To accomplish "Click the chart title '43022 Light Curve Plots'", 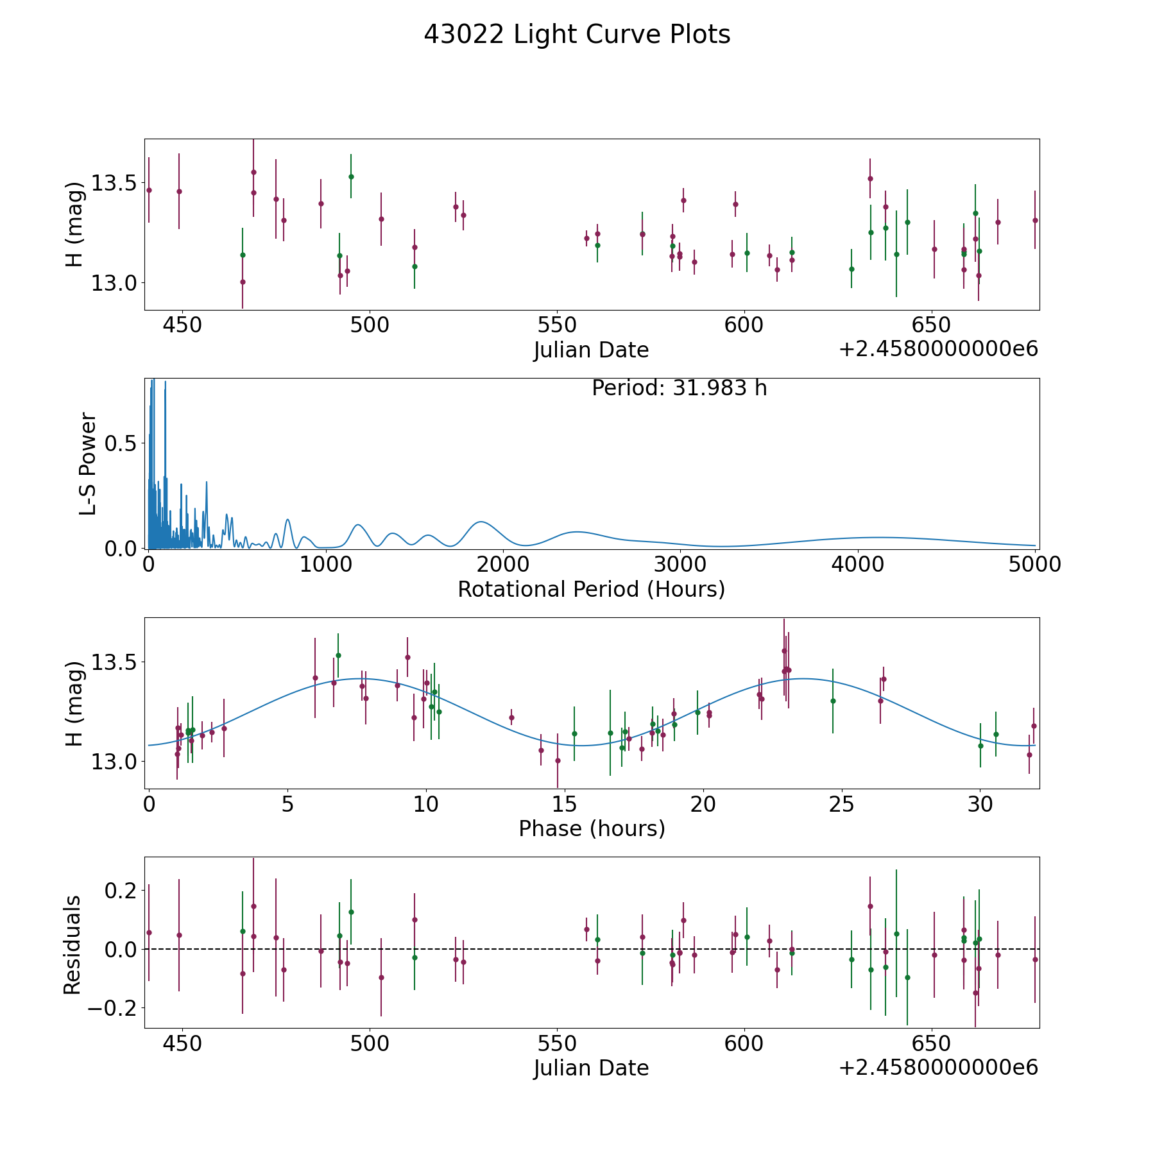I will pyautogui.click(x=577, y=35).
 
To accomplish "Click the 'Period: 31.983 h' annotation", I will pyautogui.click(x=679, y=388).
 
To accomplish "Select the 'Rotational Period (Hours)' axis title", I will pyautogui.click(x=591, y=589).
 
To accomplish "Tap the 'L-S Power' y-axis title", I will pyautogui.click(x=88, y=464).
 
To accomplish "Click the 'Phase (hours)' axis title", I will pyautogui.click(x=592, y=828).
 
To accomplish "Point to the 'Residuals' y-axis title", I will pyautogui.click(x=72, y=945).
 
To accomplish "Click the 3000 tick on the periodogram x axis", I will pyautogui.click(x=680, y=565).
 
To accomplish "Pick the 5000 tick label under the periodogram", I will pyautogui.click(x=1034, y=565).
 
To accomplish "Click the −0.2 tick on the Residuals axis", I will pyautogui.click(x=113, y=1008).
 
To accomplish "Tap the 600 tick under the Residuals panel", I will pyautogui.click(x=744, y=1043).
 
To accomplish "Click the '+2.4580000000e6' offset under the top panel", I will pyautogui.click(x=938, y=349).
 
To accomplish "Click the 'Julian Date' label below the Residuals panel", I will pyautogui.click(x=591, y=1068).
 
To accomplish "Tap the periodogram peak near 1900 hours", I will pyautogui.click(x=479, y=522).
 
